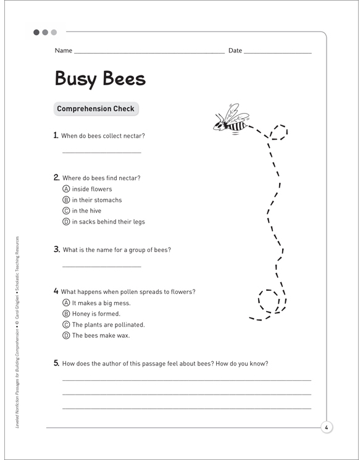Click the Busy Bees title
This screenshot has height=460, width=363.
(100, 78)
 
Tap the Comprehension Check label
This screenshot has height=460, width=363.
(96, 109)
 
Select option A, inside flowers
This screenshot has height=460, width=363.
(66, 189)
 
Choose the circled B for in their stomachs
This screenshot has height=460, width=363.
(66, 200)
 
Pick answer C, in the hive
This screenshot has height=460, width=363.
(66, 211)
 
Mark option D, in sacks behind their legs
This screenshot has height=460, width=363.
(66, 222)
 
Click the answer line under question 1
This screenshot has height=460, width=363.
(102, 151)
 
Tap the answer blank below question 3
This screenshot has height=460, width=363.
(102, 266)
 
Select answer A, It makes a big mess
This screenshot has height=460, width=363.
(66, 303)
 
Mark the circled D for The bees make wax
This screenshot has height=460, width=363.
(66, 336)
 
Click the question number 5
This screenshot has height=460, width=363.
(56, 363)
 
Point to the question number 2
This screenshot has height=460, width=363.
(56, 178)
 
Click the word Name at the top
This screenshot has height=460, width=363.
(64, 51)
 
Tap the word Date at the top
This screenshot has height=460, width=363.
(235, 51)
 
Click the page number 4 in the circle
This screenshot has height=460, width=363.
(326, 427)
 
